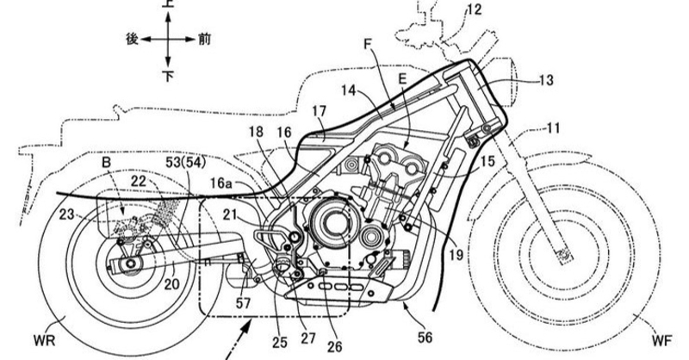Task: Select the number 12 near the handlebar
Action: pyautogui.click(x=475, y=11)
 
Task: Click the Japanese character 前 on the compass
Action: pyautogui.click(x=202, y=40)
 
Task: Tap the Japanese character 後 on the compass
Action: pyautogui.click(x=133, y=40)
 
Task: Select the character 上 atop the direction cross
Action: pyautogui.click(x=169, y=4)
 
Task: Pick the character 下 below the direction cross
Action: pyautogui.click(x=169, y=76)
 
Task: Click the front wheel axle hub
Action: pyautogui.click(x=563, y=252)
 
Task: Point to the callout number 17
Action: pyautogui.click(x=319, y=111)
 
